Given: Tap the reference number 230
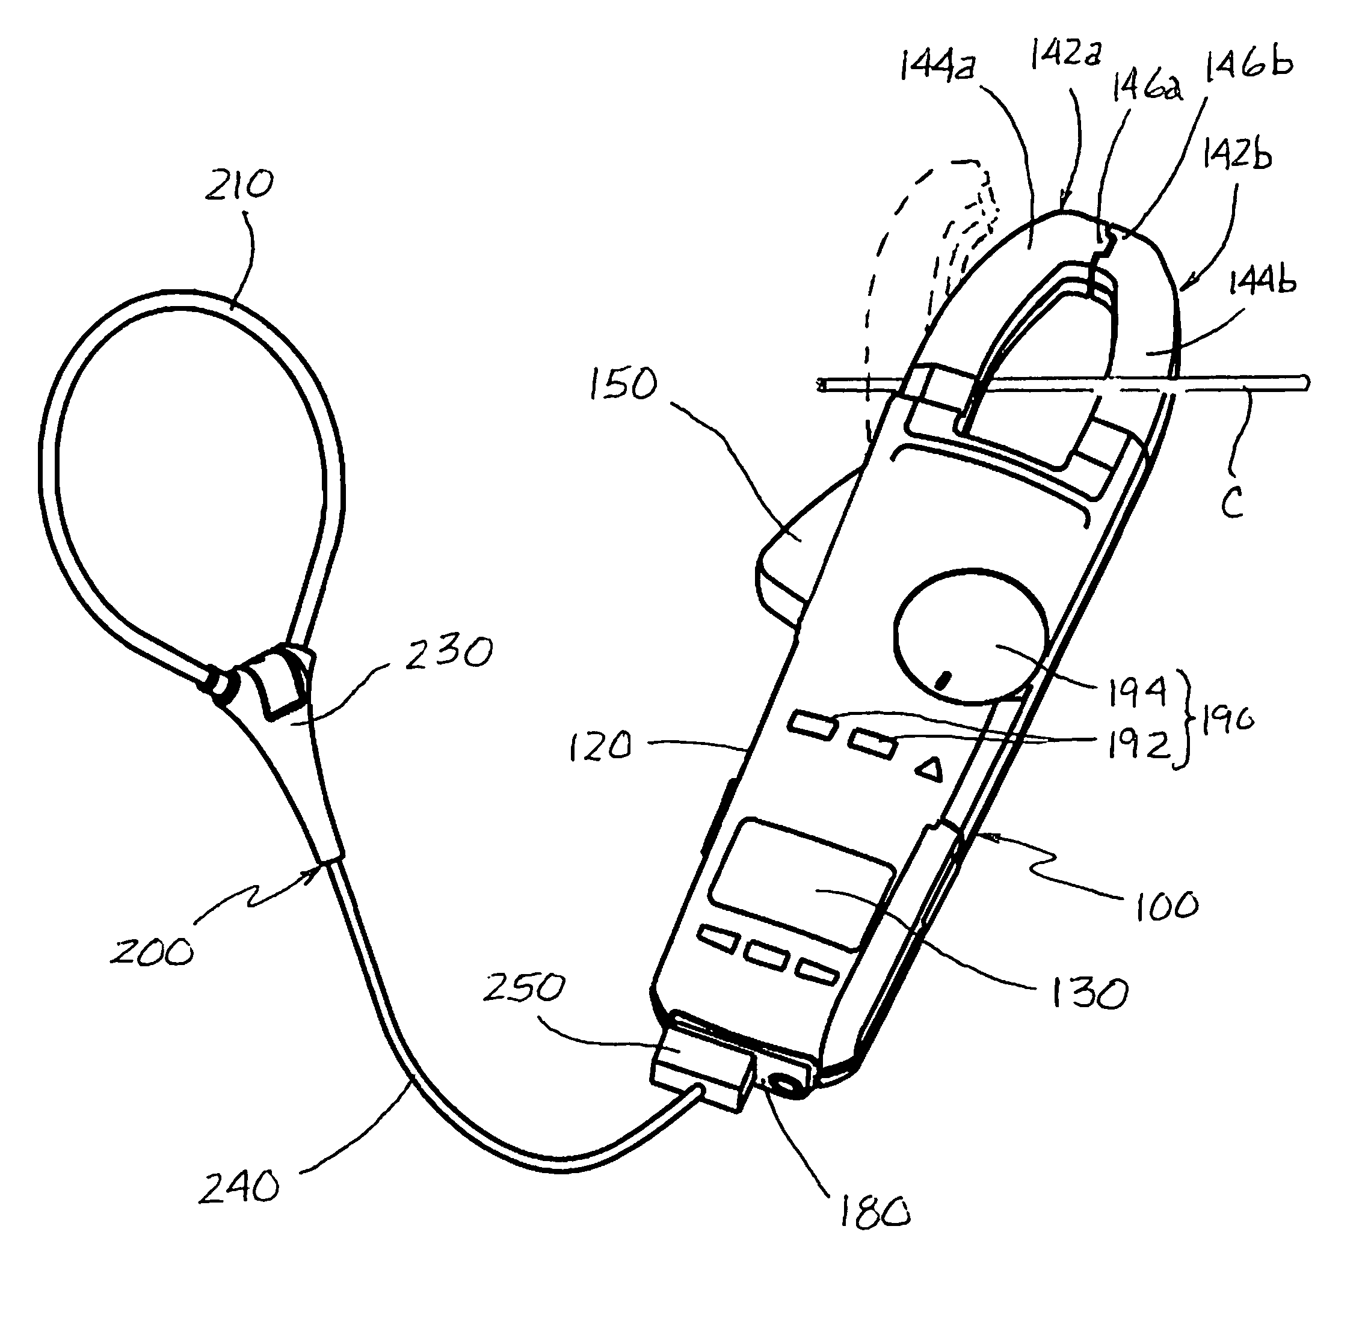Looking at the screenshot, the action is [449, 653].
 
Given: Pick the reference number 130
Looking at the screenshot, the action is [1088, 993].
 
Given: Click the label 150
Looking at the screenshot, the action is [623, 384].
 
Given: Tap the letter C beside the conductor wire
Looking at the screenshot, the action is [1232, 503].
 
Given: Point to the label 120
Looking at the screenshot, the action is [600, 747].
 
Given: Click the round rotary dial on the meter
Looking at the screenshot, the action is [969, 636].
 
